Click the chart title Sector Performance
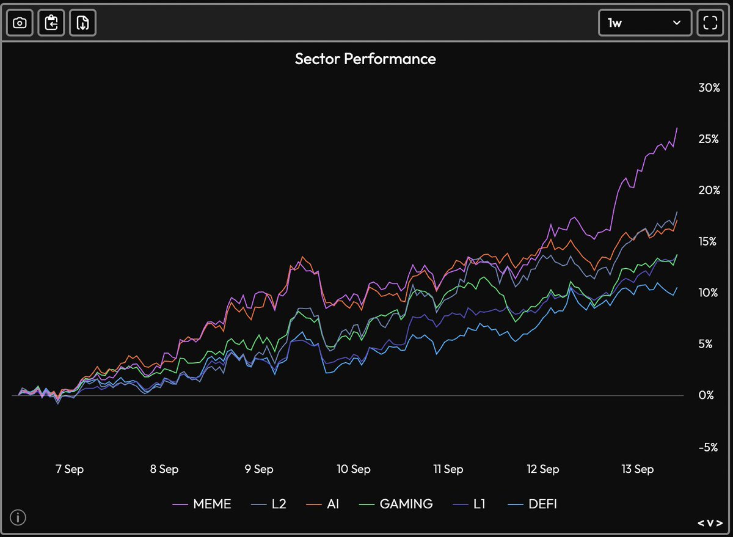click(x=365, y=59)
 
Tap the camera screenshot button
click(x=20, y=23)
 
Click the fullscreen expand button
click(x=709, y=23)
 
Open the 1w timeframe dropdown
click(x=644, y=23)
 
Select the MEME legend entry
click(x=202, y=504)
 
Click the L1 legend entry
click(x=470, y=504)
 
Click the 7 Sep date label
click(x=70, y=469)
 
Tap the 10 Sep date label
click(x=353, y=469)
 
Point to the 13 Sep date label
click(x=636, y=469)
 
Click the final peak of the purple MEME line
click(x=677, y=128)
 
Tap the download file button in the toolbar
click(x=83, y=23)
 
